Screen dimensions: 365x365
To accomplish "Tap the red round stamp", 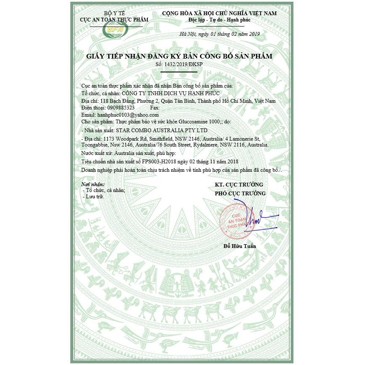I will [237, 218].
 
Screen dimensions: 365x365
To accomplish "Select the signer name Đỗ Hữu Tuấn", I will [240, 246].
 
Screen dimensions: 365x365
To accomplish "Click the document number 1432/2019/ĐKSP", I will [185, 64].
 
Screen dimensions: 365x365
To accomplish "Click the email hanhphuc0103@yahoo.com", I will [128, 115].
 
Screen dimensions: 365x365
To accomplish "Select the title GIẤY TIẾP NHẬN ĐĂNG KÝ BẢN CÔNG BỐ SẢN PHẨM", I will [179, 56].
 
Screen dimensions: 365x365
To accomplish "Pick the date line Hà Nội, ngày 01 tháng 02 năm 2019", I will [220, 34].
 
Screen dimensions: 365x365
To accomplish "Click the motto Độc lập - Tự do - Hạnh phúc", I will [219, 20].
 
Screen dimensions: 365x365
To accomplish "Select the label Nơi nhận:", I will [92, 184].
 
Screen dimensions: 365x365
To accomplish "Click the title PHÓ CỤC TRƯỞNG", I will [240, 193].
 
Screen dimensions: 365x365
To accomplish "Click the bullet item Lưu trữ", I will [95, 196].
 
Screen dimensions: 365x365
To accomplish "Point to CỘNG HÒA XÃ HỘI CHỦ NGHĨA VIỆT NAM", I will [219, 13].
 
